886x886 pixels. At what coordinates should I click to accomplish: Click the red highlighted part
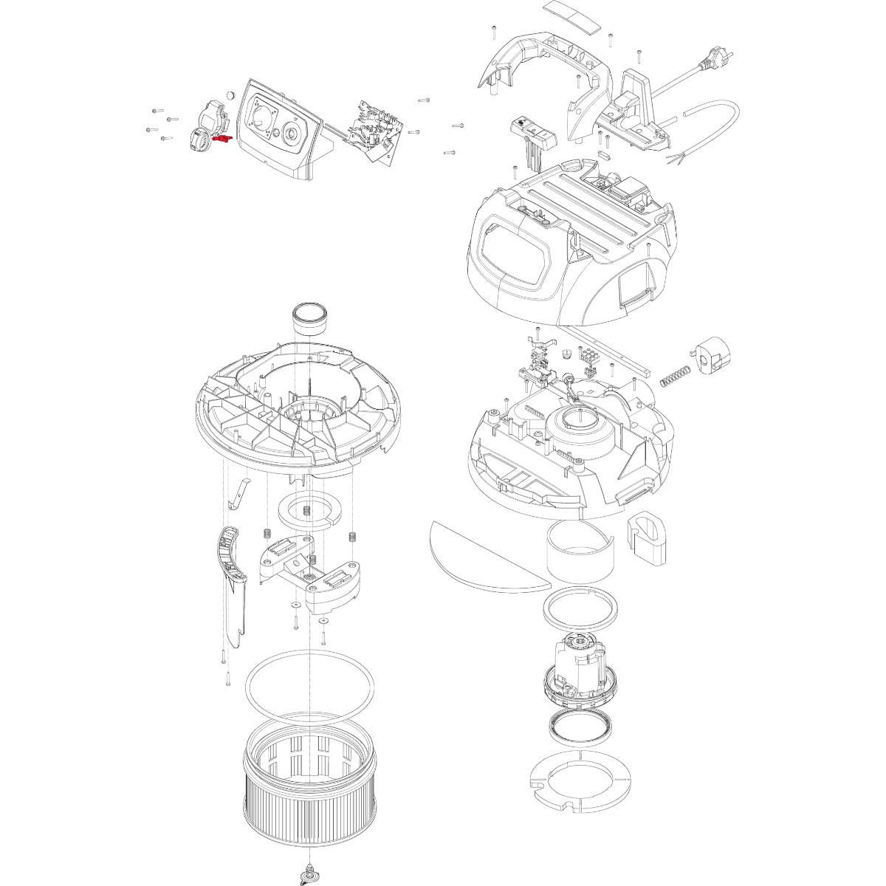[221, 138]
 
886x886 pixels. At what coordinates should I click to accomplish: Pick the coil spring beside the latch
[673, 374]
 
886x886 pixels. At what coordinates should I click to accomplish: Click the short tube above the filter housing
[311, 317]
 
